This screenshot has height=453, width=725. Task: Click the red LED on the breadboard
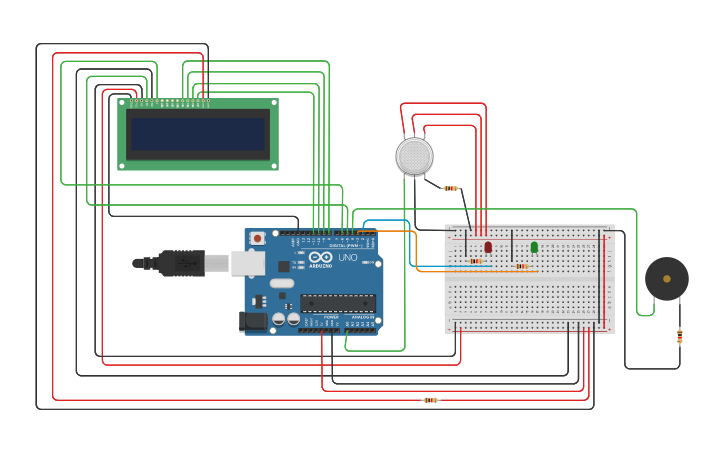point(488,247)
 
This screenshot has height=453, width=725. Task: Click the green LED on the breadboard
point(534,247)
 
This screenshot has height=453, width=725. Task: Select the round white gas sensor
point(414,157)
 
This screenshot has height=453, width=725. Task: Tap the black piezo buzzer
point(666,279)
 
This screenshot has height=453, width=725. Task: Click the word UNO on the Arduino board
point(348,257)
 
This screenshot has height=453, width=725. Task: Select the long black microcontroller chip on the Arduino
point(338,302)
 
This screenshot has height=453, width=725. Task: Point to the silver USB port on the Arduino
point(248,263)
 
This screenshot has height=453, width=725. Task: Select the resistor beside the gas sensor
point(451,188)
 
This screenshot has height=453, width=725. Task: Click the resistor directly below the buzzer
point(680,336)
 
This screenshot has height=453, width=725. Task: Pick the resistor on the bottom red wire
point(430,400)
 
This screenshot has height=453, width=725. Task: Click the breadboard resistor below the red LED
point(476,262)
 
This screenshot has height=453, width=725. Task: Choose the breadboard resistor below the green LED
point(521,266)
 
